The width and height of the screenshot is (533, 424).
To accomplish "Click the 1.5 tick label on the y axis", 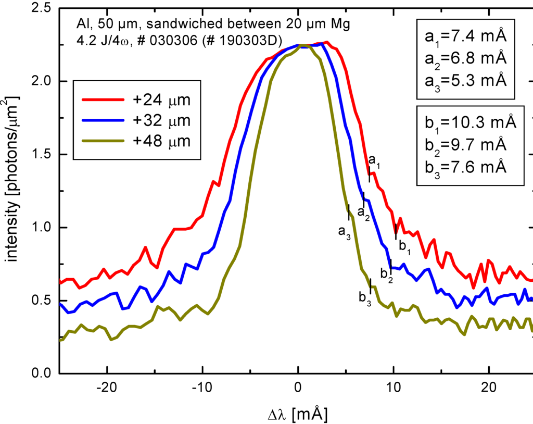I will [x=40, y=155].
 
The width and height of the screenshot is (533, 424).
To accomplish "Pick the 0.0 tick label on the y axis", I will [x=40, y=373].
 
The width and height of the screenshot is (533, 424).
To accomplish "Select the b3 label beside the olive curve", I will [x=365, y=299].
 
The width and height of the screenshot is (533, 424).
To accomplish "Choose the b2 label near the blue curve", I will [x=386, y=274].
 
